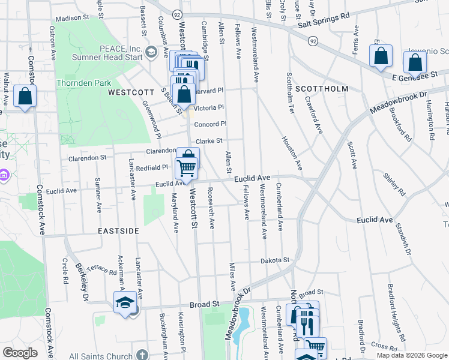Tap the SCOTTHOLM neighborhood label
coord(322,89)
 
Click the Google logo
coord(20,353)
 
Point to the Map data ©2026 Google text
coord(411,355)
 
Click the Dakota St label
coord(275,260)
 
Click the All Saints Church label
coord(100,356)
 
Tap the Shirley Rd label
coord(394,185)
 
